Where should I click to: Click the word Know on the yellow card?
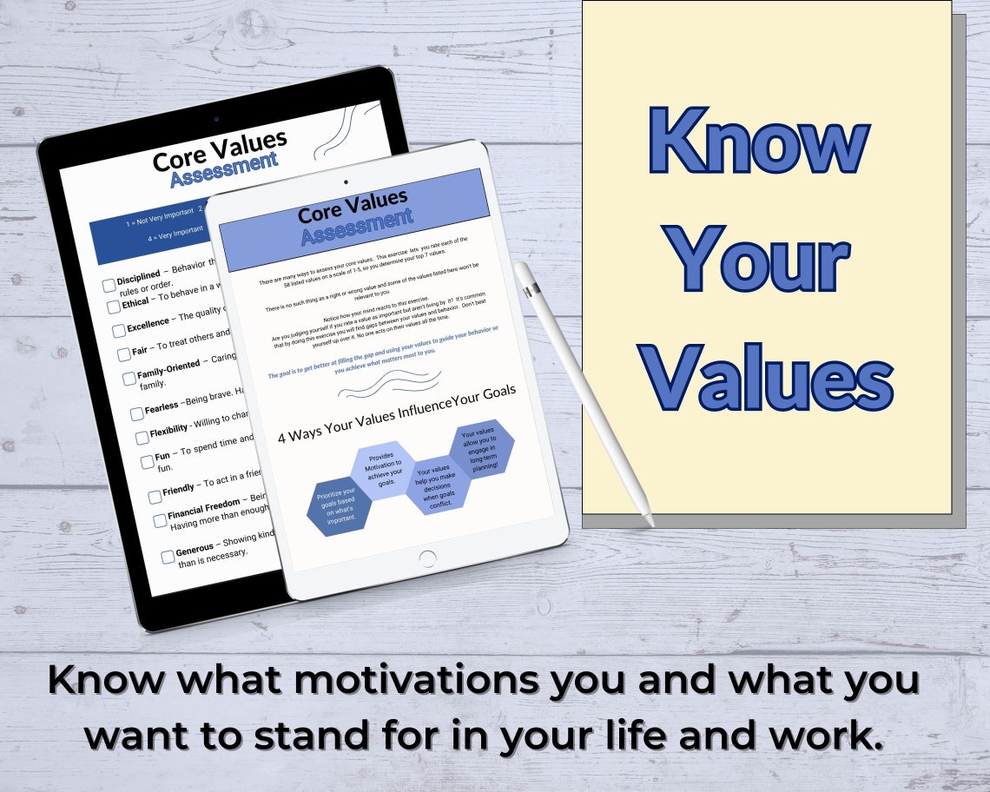(x=758, y=142)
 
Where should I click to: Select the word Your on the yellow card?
(x=761, y=260)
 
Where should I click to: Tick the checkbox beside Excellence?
(x=119, y=331)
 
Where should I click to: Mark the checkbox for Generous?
(x=168, y=556)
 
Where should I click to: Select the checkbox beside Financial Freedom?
(x=160, y=520)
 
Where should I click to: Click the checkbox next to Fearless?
(x=136, y=413)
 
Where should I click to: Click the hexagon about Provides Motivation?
(x=382, y=470)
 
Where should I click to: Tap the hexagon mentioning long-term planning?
(x=481, y=447)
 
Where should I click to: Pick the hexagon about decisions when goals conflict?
(x=438, y=485)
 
